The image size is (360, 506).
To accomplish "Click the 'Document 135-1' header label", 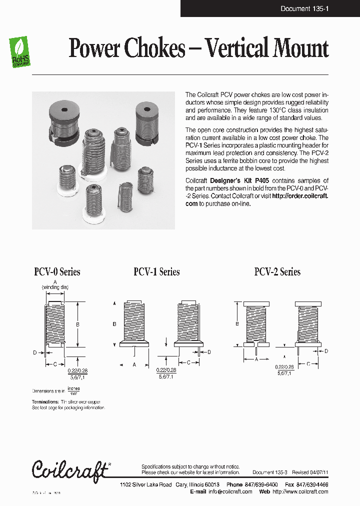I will (304, 8).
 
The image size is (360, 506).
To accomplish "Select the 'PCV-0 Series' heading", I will (57, 272).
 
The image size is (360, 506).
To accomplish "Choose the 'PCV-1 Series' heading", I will (156, 272).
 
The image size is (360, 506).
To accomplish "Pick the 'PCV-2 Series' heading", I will (277, 272).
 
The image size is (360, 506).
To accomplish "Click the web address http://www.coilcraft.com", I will (300, 491).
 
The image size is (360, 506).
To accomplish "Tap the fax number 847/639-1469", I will (311, 484).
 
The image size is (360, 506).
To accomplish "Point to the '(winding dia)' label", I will (55, 287).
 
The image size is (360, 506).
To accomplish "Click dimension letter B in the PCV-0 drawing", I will (77, 324).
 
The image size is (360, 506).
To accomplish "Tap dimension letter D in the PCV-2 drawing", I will (326, 351).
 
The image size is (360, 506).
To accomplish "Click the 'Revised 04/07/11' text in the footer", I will (310, 472).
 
